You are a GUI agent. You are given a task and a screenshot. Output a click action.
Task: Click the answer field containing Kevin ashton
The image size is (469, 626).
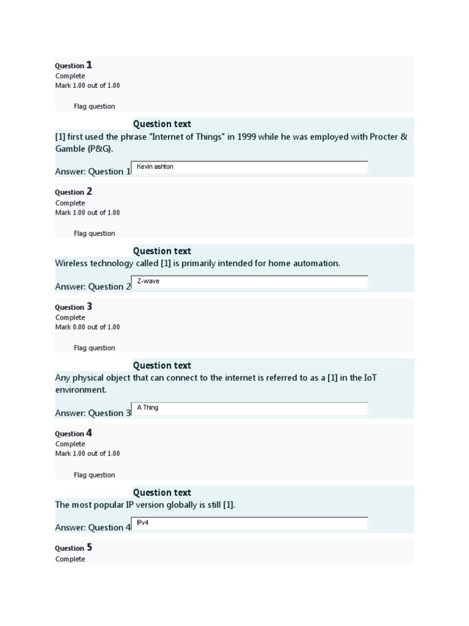tap(250, 168)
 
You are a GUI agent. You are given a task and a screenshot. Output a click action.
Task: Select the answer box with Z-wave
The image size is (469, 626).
tap(250, 282)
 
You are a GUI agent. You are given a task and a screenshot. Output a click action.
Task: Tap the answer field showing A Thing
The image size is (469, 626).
tap(250, 408)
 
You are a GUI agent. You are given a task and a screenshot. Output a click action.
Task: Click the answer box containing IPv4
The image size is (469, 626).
tap(250, 523)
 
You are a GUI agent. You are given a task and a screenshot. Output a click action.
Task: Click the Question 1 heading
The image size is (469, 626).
tap(73, 65)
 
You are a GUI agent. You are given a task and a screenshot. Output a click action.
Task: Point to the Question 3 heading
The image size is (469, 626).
tap(73, 306)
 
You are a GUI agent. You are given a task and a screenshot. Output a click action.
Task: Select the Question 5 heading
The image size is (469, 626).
tap(73, 548)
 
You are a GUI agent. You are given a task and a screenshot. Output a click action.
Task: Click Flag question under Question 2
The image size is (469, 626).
tap(94, 234)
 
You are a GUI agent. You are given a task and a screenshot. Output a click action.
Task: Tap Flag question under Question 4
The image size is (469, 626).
tap(94, 475)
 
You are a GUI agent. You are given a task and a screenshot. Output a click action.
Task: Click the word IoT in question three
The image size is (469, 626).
tap(368, 378)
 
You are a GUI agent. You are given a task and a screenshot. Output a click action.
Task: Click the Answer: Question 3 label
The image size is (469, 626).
tap(93, 413)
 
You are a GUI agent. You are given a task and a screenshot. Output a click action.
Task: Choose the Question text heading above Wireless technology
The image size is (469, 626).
tap(162, 251)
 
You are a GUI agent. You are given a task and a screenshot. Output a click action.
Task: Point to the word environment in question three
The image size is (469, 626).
tap(80, 390)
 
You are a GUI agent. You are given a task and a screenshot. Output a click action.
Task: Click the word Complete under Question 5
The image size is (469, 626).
tap(70, 559)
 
